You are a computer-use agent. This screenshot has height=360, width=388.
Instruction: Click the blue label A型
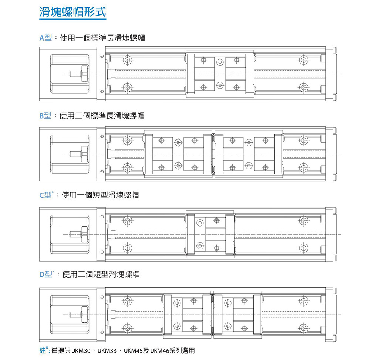pos(45,38)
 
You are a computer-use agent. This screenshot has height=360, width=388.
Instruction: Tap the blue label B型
pos(45,116)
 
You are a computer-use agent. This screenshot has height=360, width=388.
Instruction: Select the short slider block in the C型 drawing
pos(210,234)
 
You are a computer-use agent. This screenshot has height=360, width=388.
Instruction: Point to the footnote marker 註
pos(43,350)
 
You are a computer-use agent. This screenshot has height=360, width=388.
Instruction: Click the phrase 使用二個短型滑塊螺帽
pos(101,274)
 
